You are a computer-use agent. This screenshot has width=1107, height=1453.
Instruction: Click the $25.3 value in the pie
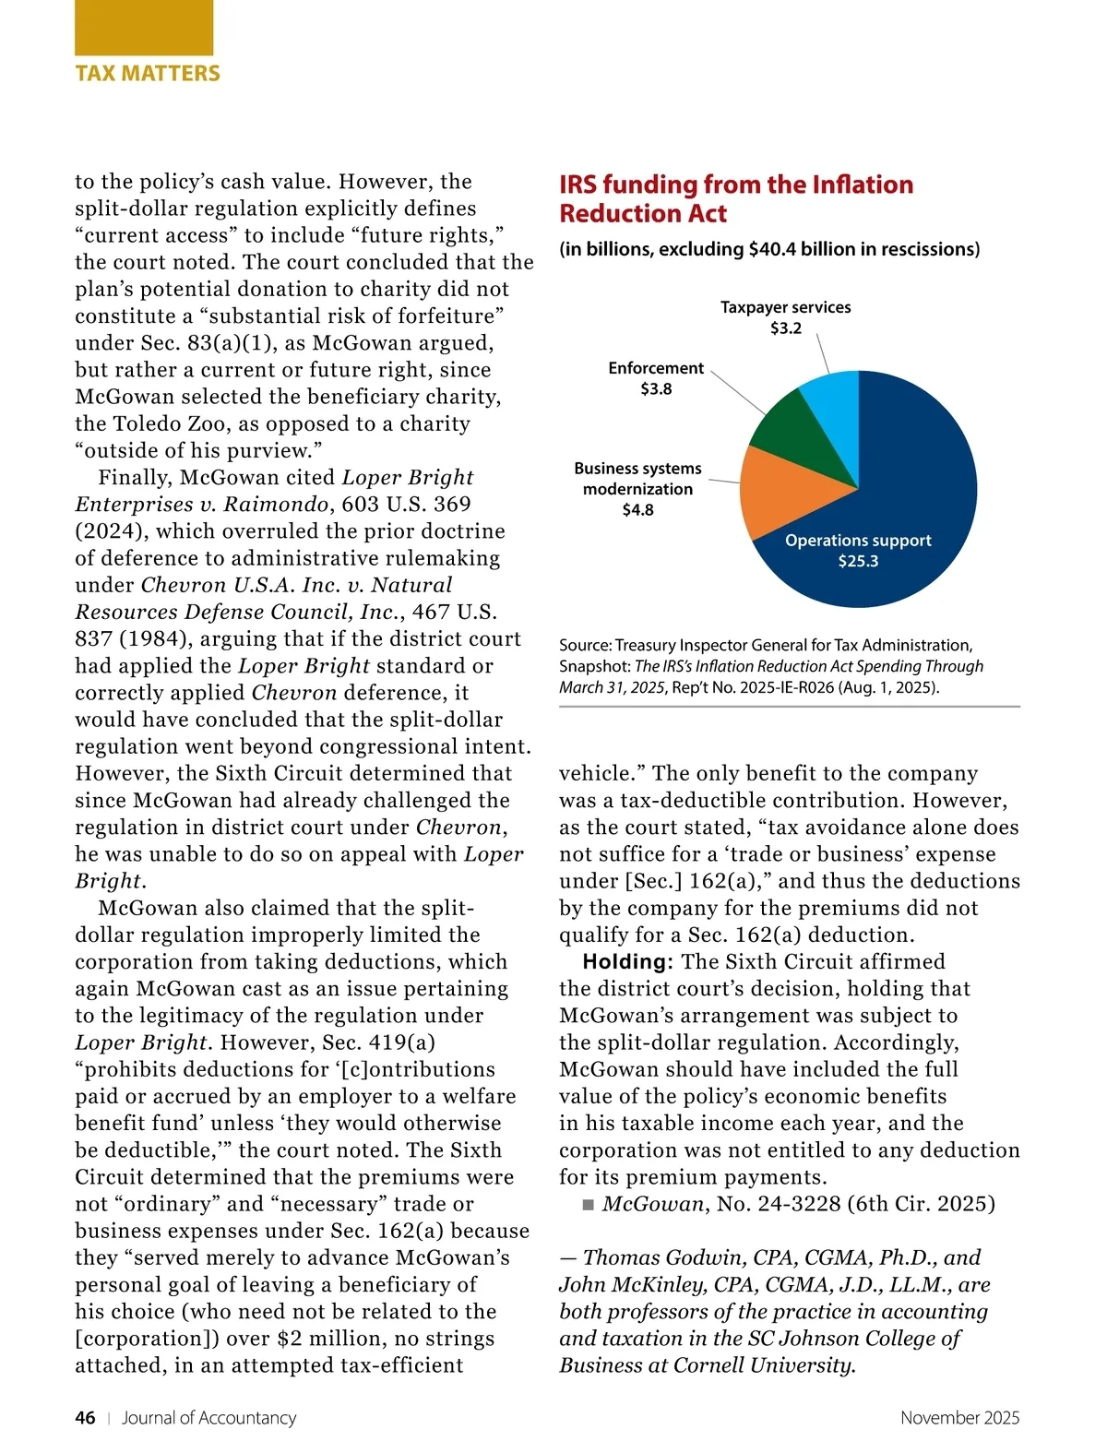coord(858,561)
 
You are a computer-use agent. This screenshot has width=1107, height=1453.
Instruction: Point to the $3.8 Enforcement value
coord(656,389)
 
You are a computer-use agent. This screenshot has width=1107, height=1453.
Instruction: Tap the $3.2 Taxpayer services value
coord(786,328)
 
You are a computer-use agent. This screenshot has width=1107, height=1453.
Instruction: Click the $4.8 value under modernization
coord(637,510)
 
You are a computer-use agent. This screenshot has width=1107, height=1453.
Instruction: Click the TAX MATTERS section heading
coord(148,74)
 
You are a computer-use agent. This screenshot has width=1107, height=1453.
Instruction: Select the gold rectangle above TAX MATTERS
coord(144,28)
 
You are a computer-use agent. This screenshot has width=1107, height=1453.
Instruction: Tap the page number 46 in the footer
coord(85,1418)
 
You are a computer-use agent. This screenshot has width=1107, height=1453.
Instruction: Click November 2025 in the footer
coord(959,1418)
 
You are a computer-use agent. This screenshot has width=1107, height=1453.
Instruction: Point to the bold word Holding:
coord(628,962)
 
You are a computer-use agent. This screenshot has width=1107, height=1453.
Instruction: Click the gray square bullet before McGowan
coord(589,1205)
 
